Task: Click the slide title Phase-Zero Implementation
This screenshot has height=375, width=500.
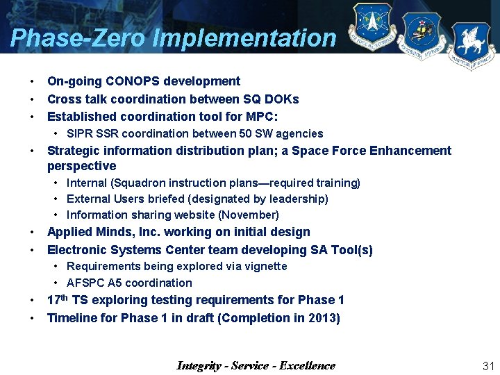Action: pyautogui.click(x=173, y=37)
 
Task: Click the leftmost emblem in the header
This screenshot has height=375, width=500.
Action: pyautogui.click(x=372, y=28)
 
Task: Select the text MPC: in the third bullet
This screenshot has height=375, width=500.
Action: pyautogui.click(x=262, y=117)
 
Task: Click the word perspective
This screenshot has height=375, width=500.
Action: pyautogui.click(x=81, y=167)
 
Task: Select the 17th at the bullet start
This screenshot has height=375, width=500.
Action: pyautogui.click(x=58, y=300)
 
